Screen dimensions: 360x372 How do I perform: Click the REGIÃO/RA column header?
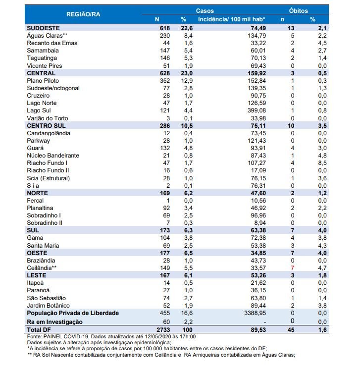(83, 14)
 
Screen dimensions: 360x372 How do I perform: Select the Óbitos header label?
(298, 11)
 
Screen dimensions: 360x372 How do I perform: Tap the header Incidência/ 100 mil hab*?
(231, 19)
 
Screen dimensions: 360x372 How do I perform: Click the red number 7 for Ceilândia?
(293, 268)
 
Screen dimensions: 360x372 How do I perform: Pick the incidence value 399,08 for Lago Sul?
(257, 110)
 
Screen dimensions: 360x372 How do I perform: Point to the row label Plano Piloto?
(43, 81)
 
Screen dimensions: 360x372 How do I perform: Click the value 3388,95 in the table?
(255, 313)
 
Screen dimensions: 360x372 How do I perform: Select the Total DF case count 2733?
(163, 330)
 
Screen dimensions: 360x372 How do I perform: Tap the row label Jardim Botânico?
(48, 306)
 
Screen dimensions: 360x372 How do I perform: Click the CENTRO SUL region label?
(46, 126)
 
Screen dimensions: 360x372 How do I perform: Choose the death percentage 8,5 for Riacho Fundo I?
(322, 163)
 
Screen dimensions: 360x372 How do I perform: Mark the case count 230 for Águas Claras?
(164, 36)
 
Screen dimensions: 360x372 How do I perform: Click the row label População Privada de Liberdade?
(73, 313)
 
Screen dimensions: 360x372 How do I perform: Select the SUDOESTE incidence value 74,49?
(258, 28)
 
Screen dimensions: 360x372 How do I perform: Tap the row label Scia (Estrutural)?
(48, 178)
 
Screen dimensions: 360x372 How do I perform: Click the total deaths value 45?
(291, 330)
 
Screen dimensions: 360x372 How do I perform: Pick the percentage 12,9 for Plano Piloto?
(187, 81)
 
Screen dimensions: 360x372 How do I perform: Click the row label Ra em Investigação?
(54, 322)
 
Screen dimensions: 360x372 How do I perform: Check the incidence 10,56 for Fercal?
(258, 201)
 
